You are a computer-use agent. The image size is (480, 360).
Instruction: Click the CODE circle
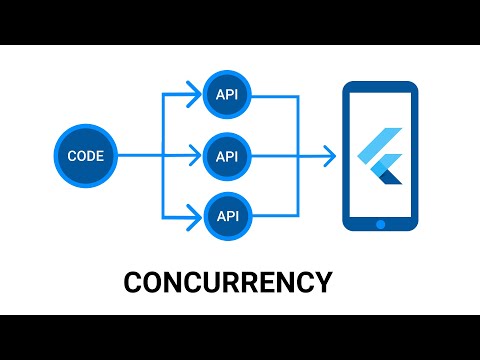coord(85,155)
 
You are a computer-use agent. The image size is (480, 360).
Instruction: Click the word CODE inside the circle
coord(85,155)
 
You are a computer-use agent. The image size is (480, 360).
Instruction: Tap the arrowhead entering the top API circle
coord(195,97)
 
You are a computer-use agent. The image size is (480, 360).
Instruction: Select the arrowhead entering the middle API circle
coord(195,155)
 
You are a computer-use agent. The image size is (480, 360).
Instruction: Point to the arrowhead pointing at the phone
coord(328,155)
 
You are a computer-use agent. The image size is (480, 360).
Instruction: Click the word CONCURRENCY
coord(227,282)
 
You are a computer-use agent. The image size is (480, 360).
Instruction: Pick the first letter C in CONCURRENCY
coord(133,282)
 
